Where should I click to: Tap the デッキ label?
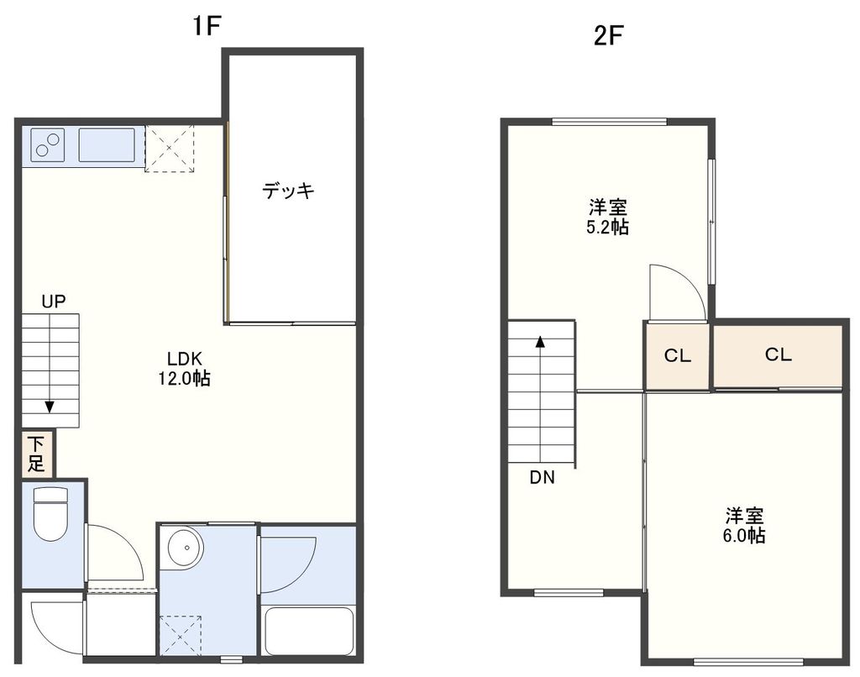[x=288, y=192]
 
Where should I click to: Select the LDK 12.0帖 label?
[x=184, y=368]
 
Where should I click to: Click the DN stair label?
[x=542, y=478]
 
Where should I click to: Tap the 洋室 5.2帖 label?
[x=607, y=217]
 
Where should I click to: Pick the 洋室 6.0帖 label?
[x=744, y=524]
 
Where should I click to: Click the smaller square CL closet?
[x=678, y=355]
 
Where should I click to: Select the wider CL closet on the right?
[x=778, y=354]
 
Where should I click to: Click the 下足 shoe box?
[x=37, y=453]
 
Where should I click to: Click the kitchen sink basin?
[x=107, y=145]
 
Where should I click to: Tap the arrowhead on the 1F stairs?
[x=50, y=407]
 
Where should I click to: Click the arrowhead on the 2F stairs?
[x=540, y=342]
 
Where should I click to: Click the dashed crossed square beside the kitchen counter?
[x=170, y=149]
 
